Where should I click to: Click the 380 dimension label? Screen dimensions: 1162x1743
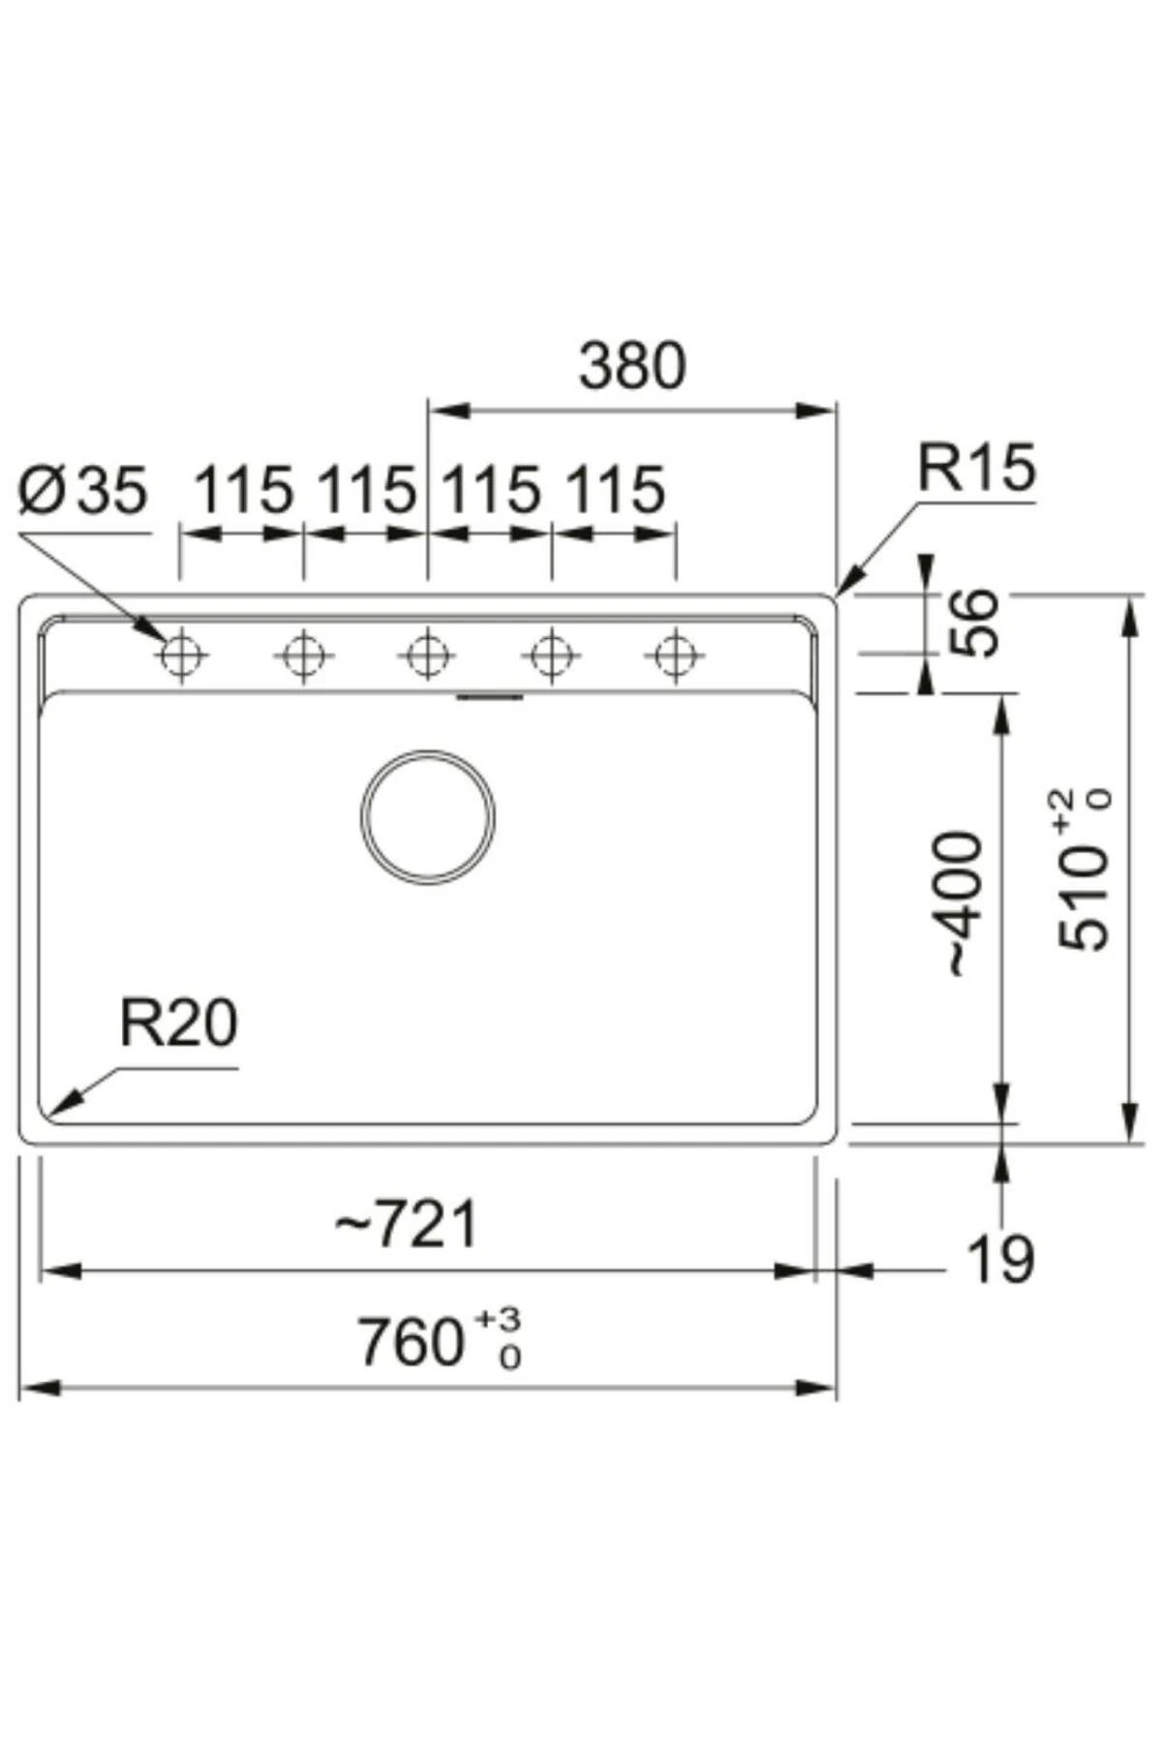[x=632, y=366]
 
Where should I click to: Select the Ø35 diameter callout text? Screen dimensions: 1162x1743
[x=83, y=490]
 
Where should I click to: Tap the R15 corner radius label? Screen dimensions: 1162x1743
[x=976, y=468]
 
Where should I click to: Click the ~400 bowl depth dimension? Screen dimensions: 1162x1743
[x=964, y=903]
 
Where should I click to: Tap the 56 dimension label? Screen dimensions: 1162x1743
[x=972, y=623]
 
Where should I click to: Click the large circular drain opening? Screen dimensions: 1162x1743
[x=428, y=816]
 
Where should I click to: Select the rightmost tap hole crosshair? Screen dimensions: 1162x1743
[x=675, y=657]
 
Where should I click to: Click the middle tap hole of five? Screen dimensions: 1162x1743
[x=427, y=657]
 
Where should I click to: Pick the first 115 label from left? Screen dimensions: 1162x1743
[x=244, y=490]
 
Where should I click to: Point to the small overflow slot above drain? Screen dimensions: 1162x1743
[x=490, y=695]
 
